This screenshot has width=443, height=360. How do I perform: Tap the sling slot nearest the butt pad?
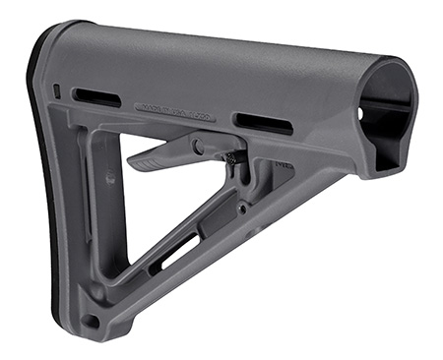coord(96,97)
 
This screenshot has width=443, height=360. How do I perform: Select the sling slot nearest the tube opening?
coord(263,123)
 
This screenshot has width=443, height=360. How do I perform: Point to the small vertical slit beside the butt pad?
coord(57,91)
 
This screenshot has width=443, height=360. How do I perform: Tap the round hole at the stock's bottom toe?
coord(91,321)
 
